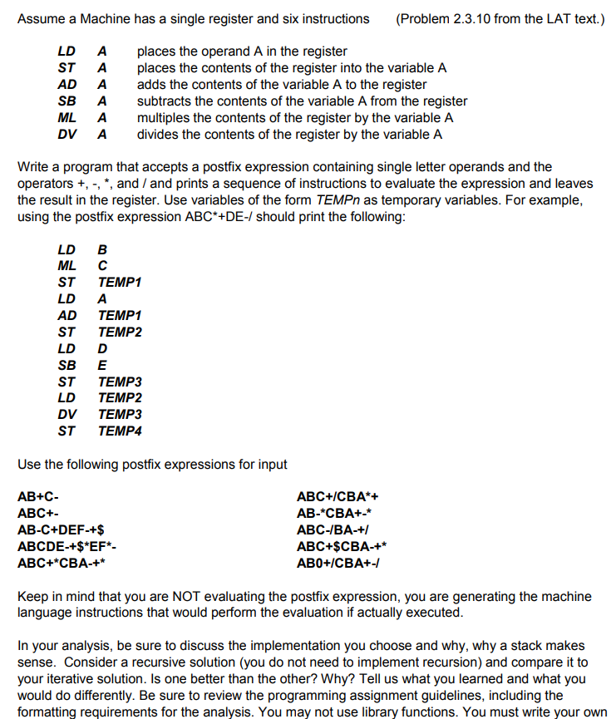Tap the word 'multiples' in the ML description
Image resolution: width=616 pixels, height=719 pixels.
[165, 117]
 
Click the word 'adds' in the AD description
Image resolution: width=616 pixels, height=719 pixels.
[150, 84]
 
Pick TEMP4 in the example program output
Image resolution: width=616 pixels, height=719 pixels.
[120, 431]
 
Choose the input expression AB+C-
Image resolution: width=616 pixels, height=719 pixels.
[38, 497]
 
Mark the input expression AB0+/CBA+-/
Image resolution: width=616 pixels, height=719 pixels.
[338, 563]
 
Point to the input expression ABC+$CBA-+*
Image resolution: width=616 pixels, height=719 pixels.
[342, 546]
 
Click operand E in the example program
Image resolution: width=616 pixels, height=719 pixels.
[102, 365]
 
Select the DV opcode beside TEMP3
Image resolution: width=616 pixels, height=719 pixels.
[67, 415]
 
